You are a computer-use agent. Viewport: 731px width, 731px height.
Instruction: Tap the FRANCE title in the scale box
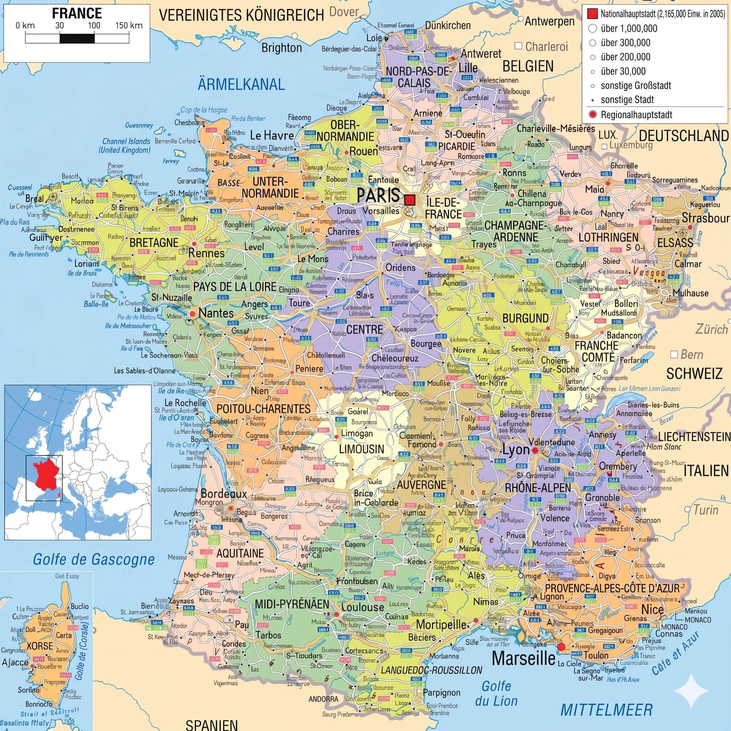77,13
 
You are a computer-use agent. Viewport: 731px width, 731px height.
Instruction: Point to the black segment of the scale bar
77,38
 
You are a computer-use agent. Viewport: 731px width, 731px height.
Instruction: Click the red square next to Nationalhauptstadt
592,14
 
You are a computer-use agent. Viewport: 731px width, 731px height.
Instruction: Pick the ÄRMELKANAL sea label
241,84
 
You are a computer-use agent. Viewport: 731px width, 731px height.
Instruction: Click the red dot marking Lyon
535,450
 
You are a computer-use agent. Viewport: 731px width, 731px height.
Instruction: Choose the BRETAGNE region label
154,242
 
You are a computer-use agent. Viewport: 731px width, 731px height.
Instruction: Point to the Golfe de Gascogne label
94,559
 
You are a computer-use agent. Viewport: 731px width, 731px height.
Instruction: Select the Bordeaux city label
224,494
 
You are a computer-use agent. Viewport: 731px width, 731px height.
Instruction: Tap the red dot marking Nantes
193,314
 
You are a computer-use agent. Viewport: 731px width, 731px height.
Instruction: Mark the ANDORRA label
323,699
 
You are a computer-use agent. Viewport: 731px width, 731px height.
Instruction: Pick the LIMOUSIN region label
361,449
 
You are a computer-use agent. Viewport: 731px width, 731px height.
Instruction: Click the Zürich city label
711,329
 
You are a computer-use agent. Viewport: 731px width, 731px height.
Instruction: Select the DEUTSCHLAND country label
684,136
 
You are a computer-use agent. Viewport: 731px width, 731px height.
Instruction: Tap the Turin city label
706,510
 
